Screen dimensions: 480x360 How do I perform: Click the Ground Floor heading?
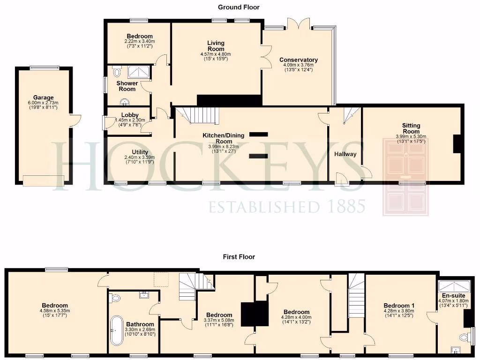pos(239,7)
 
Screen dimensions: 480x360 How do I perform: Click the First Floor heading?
pos(239,257)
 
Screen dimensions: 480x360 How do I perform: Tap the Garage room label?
pos(44,98)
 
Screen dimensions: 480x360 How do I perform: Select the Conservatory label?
pos(299,60)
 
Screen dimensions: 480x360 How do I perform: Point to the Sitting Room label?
pos(411,128)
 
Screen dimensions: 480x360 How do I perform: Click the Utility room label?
pos(140,152)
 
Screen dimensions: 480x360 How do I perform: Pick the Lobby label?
pos(130,115)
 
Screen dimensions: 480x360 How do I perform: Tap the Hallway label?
pos(345,154)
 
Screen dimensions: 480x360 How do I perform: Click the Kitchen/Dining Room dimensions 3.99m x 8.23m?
pos(224,147)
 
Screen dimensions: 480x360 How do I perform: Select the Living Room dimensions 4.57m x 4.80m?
pos(216,54)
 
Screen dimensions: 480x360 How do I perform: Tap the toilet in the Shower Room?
pos(117,72)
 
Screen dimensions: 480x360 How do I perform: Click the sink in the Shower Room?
pos(125,101)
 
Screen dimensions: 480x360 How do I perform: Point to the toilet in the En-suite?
pos(465,337)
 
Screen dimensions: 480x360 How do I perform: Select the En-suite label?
pos(453,296)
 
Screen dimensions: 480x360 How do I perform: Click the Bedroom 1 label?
pos(399,306)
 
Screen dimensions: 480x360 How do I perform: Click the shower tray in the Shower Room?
pos(139,72)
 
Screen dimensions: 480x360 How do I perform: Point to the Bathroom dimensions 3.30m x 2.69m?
pos(140,330)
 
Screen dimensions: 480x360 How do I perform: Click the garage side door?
pos(75,120)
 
